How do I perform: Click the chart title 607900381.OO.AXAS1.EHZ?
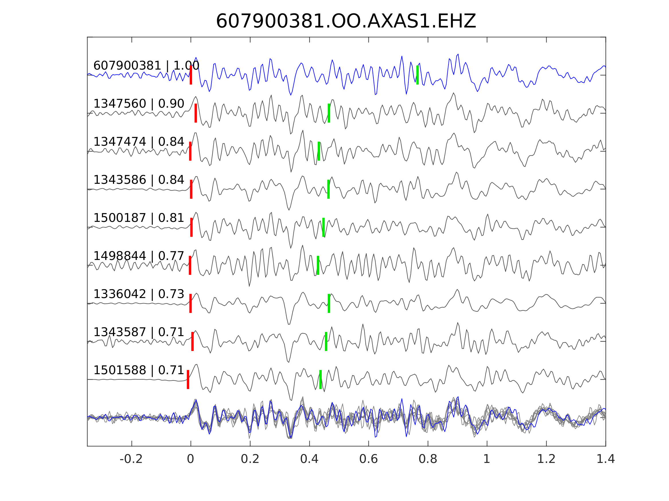[x=346, y=21]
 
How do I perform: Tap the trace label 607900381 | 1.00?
[x=146, y=66]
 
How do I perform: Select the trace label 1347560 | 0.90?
[x=139, y=104]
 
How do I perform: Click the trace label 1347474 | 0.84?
[x=139, y=142]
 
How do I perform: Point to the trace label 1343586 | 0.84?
[x=139, y=180]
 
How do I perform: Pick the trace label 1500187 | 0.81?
[x=139, y=218]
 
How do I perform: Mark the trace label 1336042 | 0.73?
[x=139, y=294]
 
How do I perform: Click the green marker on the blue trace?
[x=417, y=75]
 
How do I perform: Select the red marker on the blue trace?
[x=191, y=75]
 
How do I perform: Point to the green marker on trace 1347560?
[x=329, y=113]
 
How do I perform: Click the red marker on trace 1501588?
[x=188, y=379]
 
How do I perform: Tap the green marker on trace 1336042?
[x=329, y=303]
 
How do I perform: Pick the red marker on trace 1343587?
[x=192, y=341]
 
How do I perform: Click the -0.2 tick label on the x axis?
[x=131, y=459]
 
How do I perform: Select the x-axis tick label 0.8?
[x=428, y=459]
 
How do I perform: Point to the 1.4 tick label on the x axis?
[x=606, y=459]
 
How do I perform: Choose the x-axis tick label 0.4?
[x=309, y=459]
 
